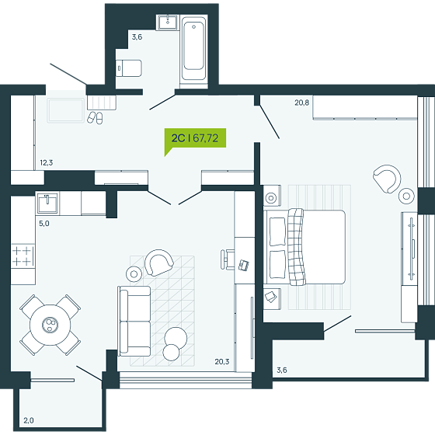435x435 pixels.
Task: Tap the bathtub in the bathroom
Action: click(194, 47)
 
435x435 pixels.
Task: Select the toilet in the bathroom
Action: click(129, 68)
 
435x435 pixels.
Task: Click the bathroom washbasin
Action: click(168, 23)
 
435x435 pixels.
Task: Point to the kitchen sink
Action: click(47, 204)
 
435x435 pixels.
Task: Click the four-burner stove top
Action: click(23, 256)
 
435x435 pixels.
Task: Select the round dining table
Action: click(50, 325)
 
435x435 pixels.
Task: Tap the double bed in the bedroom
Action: click(304, 247)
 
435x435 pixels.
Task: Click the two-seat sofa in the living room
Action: click(134, 321)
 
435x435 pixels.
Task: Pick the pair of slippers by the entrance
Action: click(95, 117)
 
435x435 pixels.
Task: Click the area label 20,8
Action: click(302, 103)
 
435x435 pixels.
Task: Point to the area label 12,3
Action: click(47, 162)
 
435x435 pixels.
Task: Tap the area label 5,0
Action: click(43, 224)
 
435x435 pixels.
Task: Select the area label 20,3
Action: click(222, 361)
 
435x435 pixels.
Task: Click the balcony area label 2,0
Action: click(29, 420)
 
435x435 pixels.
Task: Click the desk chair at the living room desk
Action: click(227, 259)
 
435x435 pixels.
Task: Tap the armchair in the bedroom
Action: click(387, 179)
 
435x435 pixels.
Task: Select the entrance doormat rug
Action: click(65, 110)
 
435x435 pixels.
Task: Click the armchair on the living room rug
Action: click(159, 263)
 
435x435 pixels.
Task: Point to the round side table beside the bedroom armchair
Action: click(406, 196)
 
